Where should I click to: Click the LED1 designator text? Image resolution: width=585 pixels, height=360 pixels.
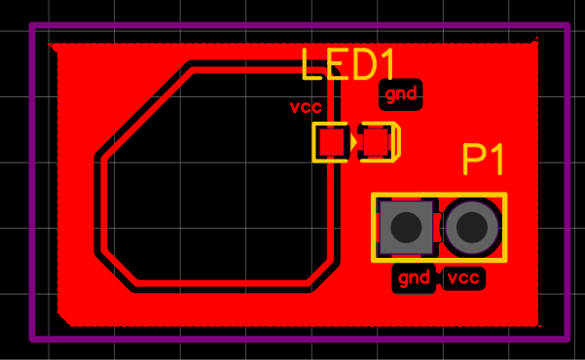(x=347, y=64)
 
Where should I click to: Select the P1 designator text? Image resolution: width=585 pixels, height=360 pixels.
(x=483, y=160)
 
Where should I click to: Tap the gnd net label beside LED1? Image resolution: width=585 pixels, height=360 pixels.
(x=401, y=94)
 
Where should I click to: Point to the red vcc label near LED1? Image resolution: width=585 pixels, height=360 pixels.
(x=306, y=107)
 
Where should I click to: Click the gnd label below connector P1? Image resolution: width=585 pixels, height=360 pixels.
(x=414, y=278)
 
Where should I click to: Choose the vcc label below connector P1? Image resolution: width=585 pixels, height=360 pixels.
(x=463, y=278)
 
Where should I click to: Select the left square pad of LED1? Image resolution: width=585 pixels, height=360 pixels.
(x=332, y=142)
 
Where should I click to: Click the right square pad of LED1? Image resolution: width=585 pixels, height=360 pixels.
(x=376, y=142)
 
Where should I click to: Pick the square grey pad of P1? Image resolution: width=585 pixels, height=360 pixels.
(x=406, y=228)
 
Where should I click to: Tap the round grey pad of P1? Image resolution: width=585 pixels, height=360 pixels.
(x=472, y=228)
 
